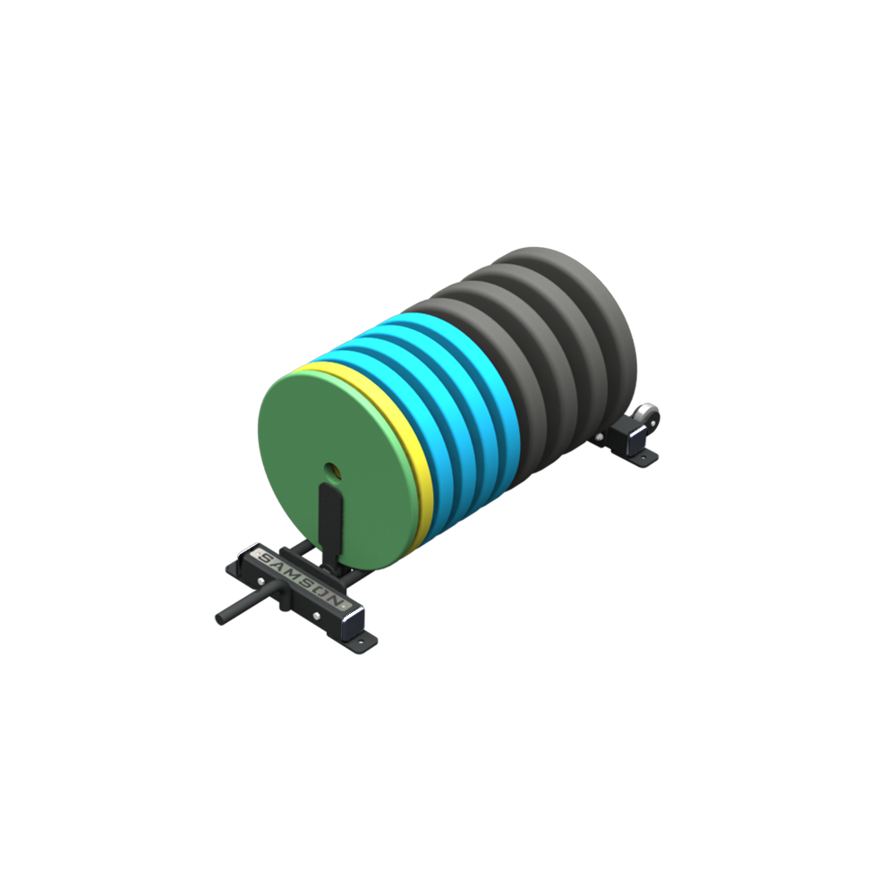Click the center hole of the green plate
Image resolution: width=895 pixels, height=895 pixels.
332,471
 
